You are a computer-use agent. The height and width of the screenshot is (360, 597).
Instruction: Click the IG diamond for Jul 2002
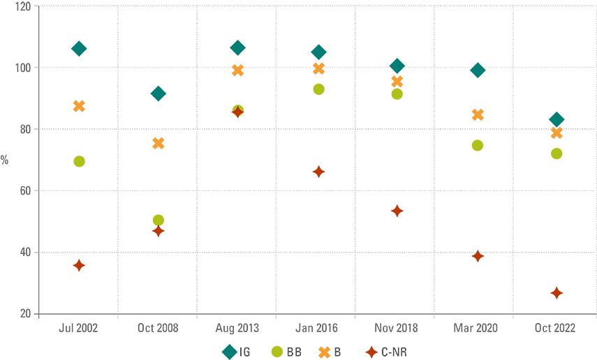click(x=79, y=48)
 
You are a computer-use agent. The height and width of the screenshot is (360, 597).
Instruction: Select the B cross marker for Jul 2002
click(x=79, y=106)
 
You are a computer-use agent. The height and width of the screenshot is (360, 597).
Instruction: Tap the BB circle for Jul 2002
click(x=79, y=161)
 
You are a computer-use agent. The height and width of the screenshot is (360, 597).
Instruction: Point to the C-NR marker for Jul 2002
click(x=79, y=265)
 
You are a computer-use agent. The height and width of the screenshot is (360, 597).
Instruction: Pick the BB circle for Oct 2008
click(x=159, y=220)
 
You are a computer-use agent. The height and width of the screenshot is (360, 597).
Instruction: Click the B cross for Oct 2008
click(x=159, y=143)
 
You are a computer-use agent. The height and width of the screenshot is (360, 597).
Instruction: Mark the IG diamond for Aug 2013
click(x=237, y=47)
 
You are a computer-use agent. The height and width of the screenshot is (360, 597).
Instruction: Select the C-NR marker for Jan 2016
click(x=318, y=172)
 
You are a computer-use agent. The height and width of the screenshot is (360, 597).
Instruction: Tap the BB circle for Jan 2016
click(x=318, y=89)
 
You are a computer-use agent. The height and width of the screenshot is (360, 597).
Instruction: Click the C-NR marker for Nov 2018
click(x=397, y=211)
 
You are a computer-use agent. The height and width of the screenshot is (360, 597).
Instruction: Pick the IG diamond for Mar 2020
click(x=478, y=70)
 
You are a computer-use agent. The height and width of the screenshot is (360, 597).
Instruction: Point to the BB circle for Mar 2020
click(x=478, y=145)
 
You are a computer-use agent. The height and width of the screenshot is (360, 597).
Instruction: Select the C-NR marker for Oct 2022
click(x=557, y=293)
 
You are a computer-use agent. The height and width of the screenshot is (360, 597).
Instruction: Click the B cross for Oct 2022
click(x=557, y=133)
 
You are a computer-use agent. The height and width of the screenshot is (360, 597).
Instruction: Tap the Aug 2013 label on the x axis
click(x=237, y=328)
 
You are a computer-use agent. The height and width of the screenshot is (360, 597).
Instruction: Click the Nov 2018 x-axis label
click(x=397, y=328)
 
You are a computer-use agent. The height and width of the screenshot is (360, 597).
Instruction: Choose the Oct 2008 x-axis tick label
click(x=159, y=328)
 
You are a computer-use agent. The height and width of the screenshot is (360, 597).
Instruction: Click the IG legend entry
click(x=237, y=352)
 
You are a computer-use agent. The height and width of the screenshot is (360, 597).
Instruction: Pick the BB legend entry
click(x=286, y=352)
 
